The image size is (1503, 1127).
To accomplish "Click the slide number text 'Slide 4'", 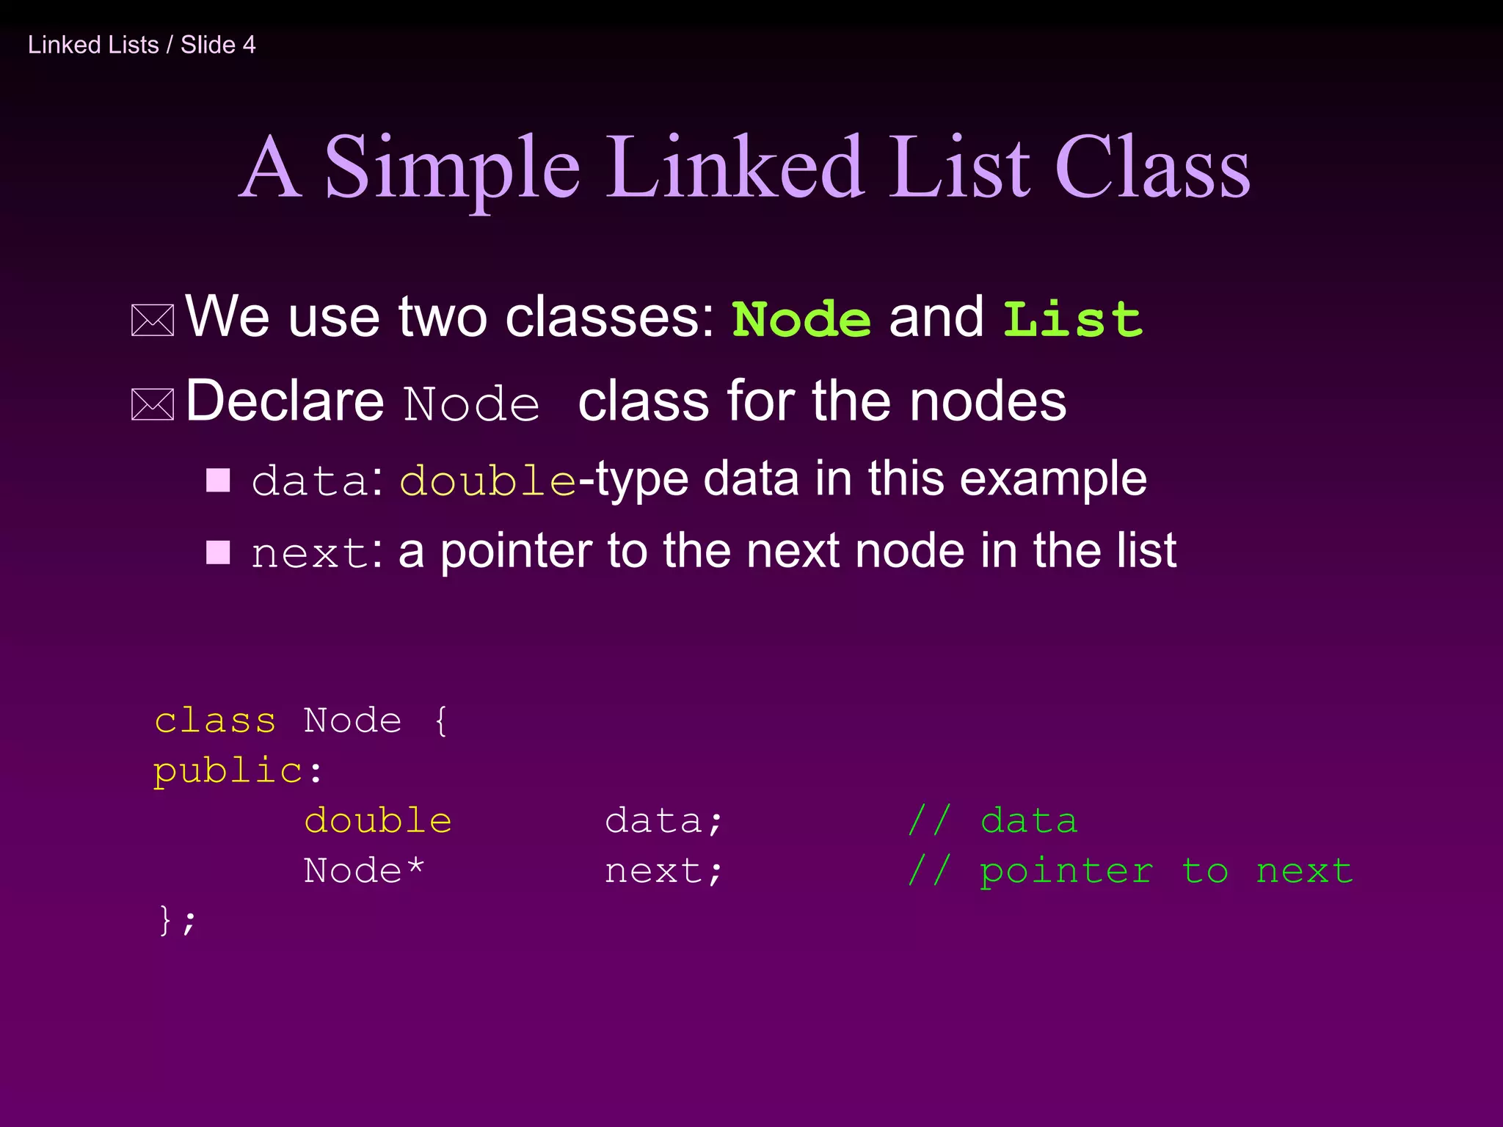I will point(218,45).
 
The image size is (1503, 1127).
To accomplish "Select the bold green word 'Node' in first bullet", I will point(801,320).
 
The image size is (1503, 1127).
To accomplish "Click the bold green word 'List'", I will point(1072,320).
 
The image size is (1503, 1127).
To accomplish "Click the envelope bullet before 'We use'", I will point(153,321).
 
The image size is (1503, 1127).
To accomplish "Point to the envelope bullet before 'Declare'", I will point(153,404).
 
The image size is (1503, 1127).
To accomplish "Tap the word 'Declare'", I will point(285,401).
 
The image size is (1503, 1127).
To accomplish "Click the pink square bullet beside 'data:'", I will point(218,481).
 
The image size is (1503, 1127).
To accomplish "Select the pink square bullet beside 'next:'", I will point(218,552).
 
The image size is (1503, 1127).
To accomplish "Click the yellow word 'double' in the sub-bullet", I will point(488,481).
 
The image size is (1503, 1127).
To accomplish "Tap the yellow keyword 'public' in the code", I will point(228,771).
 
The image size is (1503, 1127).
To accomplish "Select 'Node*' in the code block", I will point(364,871).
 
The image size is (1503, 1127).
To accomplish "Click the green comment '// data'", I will point(992,820).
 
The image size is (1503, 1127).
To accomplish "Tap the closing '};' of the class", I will point(177,920).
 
